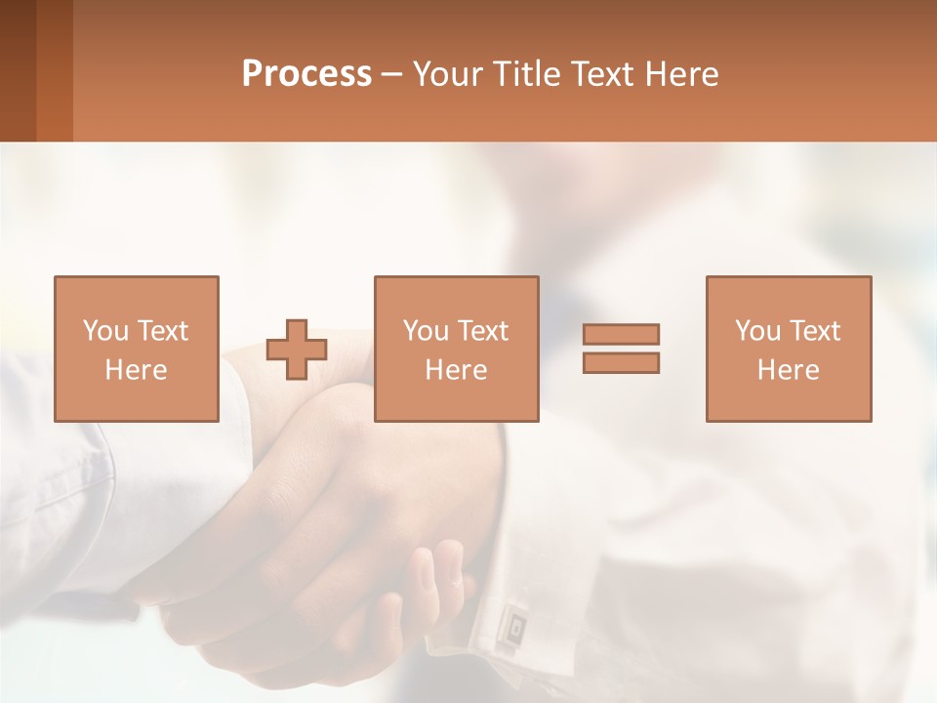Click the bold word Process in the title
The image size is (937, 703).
coord(306,74)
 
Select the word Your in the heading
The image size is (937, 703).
coord(449,74)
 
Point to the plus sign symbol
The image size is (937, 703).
coord(297,350)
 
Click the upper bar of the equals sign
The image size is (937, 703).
coord(621,334)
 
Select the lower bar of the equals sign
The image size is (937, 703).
coord(621,362)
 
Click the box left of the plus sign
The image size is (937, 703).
coord(137,349)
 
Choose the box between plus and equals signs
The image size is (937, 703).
coord(456,349)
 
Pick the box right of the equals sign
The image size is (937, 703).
coord(789,349)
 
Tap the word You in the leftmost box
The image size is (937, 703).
coord(105,331)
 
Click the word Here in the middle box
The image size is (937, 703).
coord(456,370)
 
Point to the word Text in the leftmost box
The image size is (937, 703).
coord(163,331)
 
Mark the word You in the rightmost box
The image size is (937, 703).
coord(757,331)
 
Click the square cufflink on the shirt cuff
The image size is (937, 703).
coord(511,622)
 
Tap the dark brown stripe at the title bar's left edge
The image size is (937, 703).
coord(18,70)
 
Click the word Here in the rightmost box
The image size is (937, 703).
coord(789,370)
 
